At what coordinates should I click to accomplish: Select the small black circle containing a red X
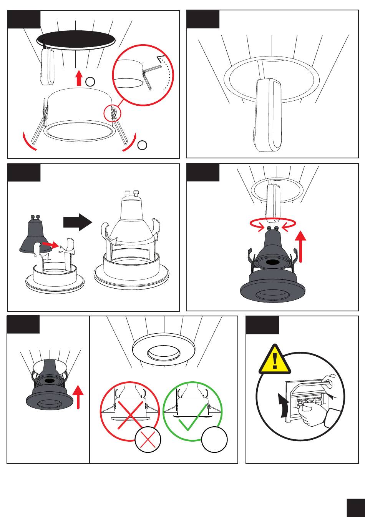[x=148, y=439]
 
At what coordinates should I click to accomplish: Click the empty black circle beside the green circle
[x=214, y=439]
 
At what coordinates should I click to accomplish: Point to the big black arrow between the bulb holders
[x=78, y=223]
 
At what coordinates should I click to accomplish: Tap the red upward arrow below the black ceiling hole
[x=79, y=78]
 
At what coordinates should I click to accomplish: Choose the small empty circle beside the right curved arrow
[x=142, y=145]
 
